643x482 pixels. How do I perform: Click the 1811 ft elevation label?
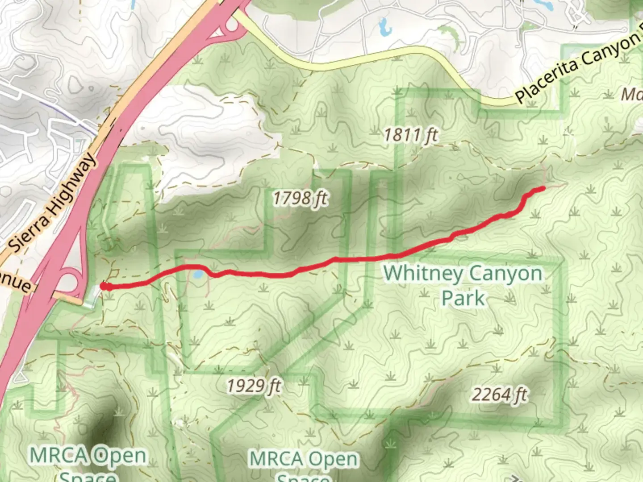[411, 135]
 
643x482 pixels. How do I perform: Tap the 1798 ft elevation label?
[300, 198]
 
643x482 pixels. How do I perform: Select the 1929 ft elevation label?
[254, 385]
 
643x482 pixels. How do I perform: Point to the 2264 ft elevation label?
[499, 395]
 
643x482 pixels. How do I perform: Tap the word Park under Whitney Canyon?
[463, 298]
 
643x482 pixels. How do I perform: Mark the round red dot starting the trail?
[104, 286]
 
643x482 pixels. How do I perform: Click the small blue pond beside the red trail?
[198, 274]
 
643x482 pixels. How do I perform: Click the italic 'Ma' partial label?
[632, 94]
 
